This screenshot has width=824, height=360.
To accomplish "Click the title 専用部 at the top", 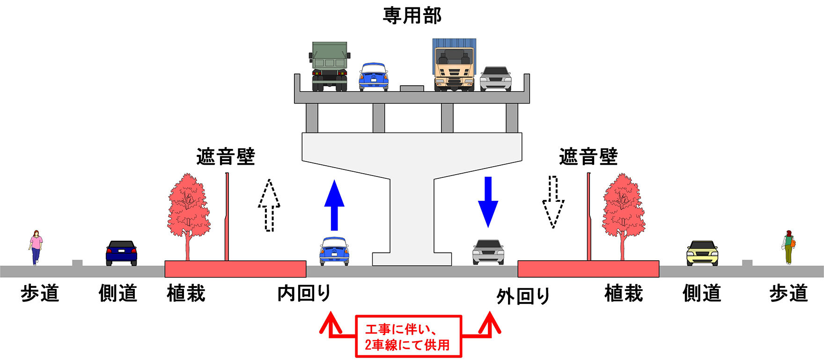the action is click(x=412, y=15).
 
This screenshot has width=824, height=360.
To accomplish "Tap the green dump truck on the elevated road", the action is click(x=330, y=66).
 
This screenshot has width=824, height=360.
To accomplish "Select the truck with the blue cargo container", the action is click(x=454, y=65).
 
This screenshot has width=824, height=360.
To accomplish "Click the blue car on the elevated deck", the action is click(x=373, y=77).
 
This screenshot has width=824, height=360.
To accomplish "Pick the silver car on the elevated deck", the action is click(x=495, y=79).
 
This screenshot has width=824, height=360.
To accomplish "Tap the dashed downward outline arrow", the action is click(x=553, y=202).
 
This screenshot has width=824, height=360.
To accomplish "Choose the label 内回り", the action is click(x=304, y=294).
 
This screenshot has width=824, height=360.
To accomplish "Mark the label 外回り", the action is click(x=523, y=296).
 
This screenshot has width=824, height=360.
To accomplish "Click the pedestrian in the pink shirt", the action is click(x=36, y=247).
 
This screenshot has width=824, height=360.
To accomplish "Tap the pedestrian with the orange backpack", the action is click(x=789, y=247).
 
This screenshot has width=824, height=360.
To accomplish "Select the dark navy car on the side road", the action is click(x=121, y=253).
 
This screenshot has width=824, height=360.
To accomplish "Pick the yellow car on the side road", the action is click(x=702, y=253).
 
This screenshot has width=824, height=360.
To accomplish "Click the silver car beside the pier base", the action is click(x=488, y=252).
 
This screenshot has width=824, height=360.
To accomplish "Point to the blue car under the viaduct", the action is click(x=334, y=251).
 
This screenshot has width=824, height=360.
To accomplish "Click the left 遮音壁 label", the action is click(x=226, y=156).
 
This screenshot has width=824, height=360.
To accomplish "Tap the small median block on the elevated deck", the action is click(x=412, y=88).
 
